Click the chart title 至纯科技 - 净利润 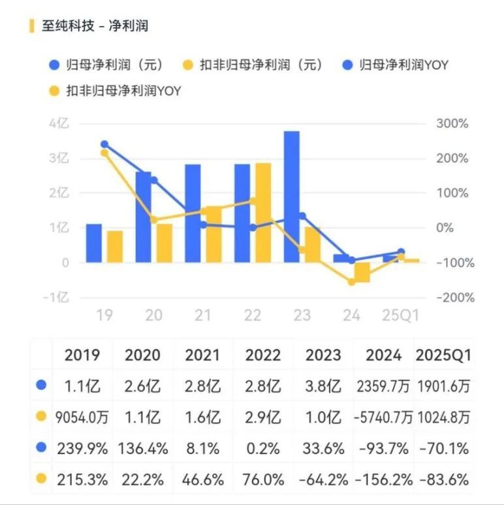point(95,25)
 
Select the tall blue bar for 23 point(292,196)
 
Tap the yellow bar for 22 point(263,212)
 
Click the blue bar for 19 point(94,243)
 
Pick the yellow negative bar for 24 point(362,272)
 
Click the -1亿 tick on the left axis point(55,297)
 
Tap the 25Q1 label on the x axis point(400,315)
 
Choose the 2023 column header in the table point(323,355)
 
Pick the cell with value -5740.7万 point(383,417)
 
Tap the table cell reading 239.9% point(82,448)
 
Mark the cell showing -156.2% point(383,480)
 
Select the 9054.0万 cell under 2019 point(82,417)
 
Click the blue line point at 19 point(104,144)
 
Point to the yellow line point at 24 point(351,282)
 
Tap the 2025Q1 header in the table point(443,355)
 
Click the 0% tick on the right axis point(444,227)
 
